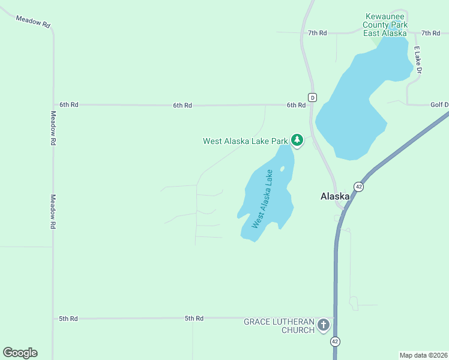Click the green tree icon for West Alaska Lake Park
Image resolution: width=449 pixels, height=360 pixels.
point(297,140)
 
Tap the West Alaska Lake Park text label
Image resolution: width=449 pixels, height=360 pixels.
point(246,142)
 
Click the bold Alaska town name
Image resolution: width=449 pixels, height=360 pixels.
point(335,196)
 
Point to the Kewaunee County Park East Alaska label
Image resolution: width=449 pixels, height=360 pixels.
point(385,25)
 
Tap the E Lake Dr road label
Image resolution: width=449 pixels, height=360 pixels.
point(418,60)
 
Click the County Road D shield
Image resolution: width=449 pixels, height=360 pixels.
point(312,97)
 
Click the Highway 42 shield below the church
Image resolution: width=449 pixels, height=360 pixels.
point(335,341)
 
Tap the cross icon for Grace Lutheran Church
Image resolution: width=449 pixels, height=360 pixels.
point(324,325)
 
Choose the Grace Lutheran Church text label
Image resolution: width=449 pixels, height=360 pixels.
point(279,326)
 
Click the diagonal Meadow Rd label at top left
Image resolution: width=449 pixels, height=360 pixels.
point(33,20)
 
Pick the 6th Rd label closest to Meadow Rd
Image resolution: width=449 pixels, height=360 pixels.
point(69,104)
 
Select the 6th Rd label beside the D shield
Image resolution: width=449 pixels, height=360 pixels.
point(296,105)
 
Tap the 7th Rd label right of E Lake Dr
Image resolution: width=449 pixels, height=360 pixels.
point(430,33)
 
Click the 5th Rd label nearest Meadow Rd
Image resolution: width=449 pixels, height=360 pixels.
point(68,319)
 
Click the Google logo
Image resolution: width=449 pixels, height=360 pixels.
point(20,352)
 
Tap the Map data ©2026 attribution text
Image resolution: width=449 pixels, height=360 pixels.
point(423,355)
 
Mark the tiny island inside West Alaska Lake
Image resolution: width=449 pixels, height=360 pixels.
point(282,169)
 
